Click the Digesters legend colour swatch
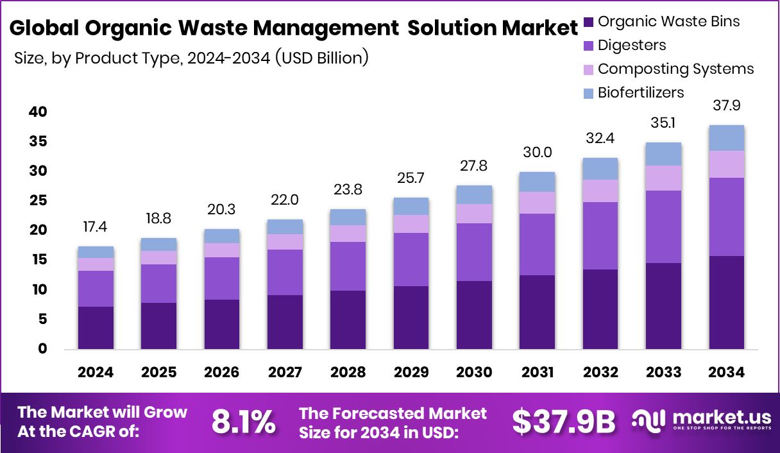click(x=589, y=46)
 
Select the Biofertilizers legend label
click(x=641, y=92)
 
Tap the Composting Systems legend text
click(x=675, y=69)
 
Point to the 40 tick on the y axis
click(x=38, y=112)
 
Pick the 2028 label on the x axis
click(x=348, y=373)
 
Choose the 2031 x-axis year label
click(x=538, y=373)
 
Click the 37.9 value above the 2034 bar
click(x=727, y=105)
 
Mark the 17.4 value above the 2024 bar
click(x=96, y=227)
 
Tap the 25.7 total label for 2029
click(x=411, y=178)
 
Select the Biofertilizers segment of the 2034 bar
click(x=727, y=138)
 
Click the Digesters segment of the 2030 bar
click(x=474, y=252)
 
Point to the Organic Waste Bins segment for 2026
click(x=222, y=324)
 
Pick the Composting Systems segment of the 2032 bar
click(x=600, y=191)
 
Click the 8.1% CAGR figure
click(x=244, y=422)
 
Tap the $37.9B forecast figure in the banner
click(x=563, y=422)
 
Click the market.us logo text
click(x=718, y=418)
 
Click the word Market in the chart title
click(x=532, y=29)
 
